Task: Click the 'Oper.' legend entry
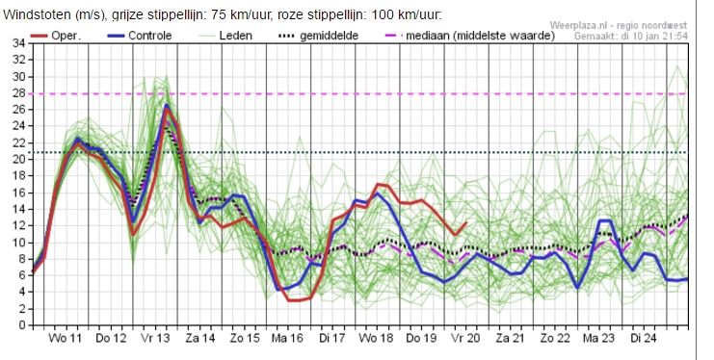click(x=56, y=36)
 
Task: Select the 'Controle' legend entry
click(x=140, y=36)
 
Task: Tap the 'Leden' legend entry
click(x=225, y=36)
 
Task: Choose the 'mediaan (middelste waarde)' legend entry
click(x=470, y=36)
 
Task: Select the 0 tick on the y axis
click(x=22, y=326)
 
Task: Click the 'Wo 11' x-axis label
click(x=66, y=338)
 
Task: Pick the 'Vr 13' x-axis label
click(x=155, y=338)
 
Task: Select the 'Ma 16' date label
click(x=288, y=338)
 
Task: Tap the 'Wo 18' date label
click(x=377, y=338)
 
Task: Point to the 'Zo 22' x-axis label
click(x=555, y=338)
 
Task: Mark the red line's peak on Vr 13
click(x=167, y=109)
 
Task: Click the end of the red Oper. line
click(x=466, y=222)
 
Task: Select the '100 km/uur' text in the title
click(x=407, y=14)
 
